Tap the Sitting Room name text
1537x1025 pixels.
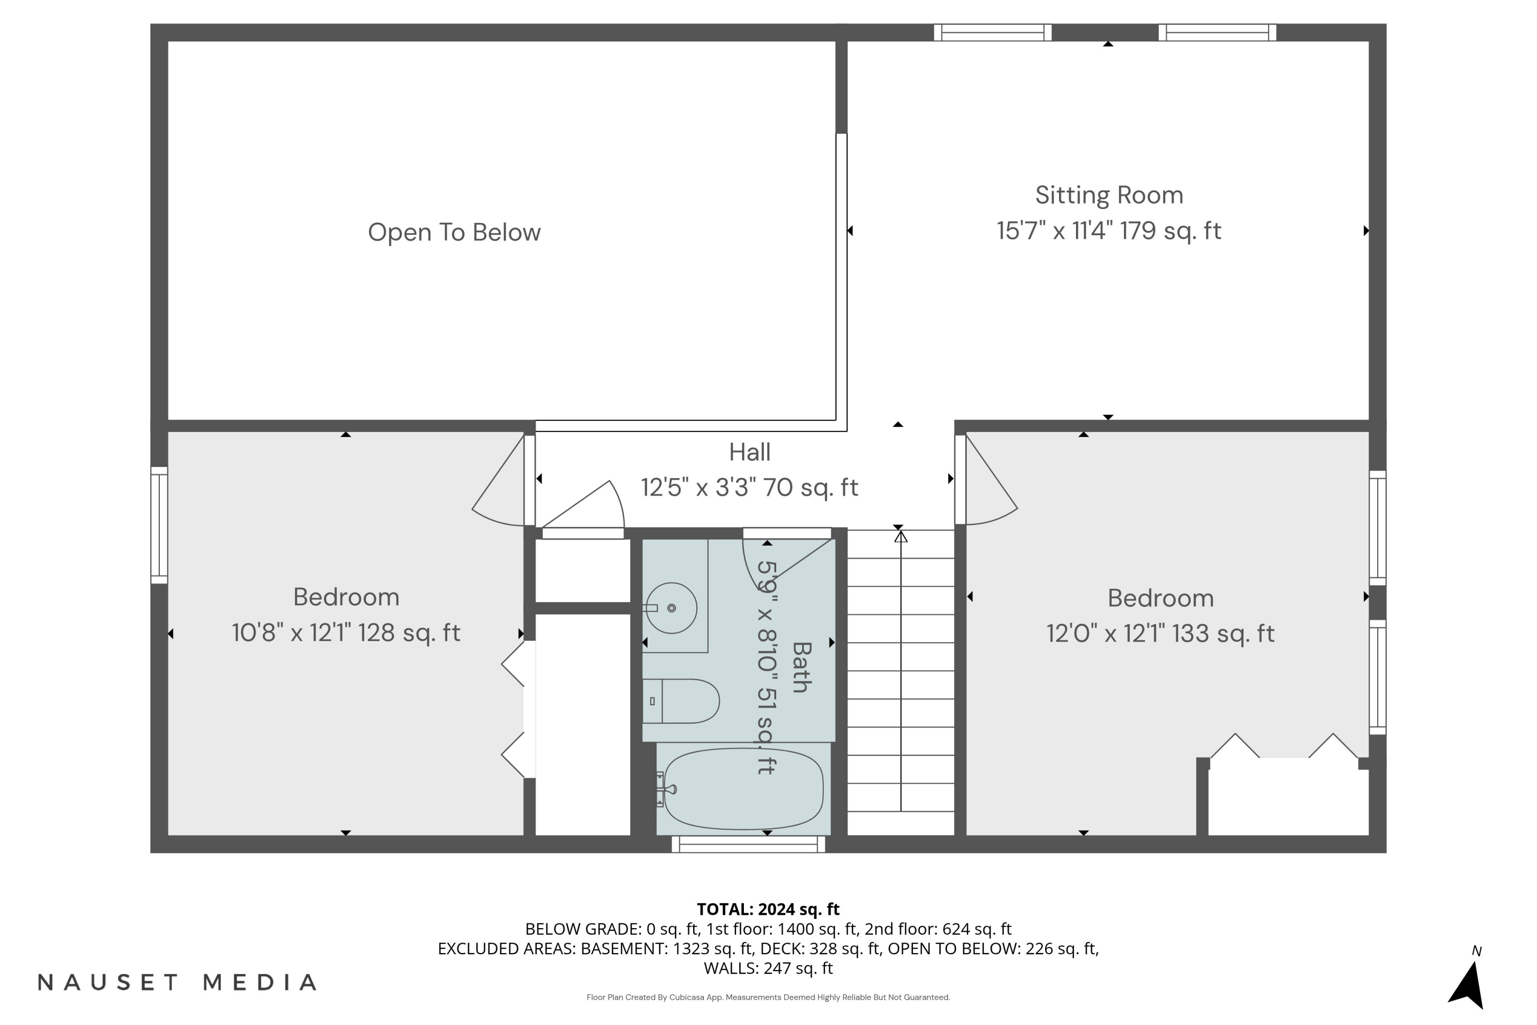pyautogui.click(x=1109, y=195)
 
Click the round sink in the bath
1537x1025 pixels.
pyautogui.click(x=672, y=608)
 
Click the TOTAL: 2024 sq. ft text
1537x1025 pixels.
pyautogui.click(x=768, y=909)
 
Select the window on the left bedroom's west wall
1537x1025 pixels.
pyautogui.click(x=159, y=525)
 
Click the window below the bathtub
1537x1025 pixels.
pyautogui.click(x=748, y=845)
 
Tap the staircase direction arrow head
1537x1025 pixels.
pyautogui.click(x=901, y=537)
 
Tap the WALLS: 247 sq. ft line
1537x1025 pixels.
pyautogui.click(x=768, y=968)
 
